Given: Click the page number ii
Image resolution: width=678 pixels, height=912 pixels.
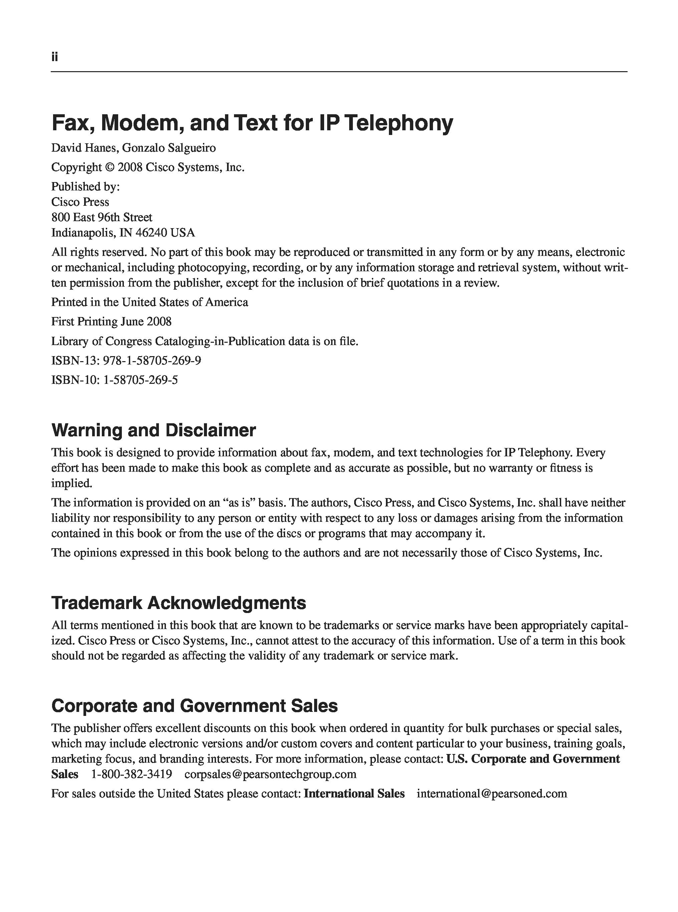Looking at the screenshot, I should (x=55, y=57).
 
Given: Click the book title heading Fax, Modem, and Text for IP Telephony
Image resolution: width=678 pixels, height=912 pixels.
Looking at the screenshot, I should (x=252, y=123).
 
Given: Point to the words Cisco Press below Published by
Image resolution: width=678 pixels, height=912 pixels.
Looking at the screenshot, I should (x=80, y=202).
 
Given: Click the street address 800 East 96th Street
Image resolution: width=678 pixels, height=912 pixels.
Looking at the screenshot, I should (x=101, y=217).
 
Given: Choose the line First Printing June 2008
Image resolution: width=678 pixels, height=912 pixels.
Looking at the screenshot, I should (x=111, y=321).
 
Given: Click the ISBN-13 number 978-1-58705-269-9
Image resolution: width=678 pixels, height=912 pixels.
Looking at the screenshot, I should (x=152, y=360).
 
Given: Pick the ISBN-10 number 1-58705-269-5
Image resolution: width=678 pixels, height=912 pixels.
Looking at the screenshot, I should (x=141, y=380).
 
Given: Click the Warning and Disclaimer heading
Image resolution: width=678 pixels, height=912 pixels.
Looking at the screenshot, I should (x=154, y=430).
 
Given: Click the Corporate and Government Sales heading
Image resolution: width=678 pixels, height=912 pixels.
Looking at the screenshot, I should (x=195, y=706).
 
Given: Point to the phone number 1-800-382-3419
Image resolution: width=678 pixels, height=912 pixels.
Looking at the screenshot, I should (x=131, y=774).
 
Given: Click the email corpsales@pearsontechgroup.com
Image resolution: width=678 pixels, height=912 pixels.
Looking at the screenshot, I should (x=270, y=774).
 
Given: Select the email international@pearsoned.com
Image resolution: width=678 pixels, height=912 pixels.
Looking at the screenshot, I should (x=492, y=794).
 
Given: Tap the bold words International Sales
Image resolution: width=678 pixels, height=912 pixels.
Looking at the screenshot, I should (x=354, y=794).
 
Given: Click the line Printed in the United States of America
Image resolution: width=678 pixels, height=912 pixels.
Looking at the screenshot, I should (x=150, y=302).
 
